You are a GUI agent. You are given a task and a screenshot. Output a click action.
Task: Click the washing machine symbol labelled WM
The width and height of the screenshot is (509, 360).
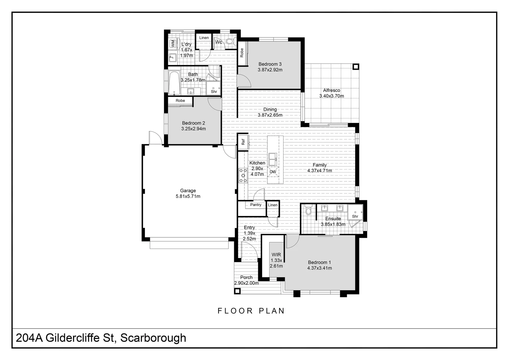pyautogui.click(x=173, y=44)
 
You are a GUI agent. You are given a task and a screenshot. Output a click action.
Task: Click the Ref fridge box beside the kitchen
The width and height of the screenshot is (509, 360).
pyautogui.click(x=243, y=142)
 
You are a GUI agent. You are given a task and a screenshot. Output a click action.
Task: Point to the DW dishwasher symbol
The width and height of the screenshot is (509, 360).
pyautogui.click(x=273, y=172)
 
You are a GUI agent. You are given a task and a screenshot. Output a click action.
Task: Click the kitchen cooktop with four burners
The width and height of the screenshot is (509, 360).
pyautogui.click(x=243, y=175)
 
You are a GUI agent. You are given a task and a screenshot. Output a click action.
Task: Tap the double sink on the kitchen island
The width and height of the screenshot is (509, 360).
pyautogui.click(x=272, y=159)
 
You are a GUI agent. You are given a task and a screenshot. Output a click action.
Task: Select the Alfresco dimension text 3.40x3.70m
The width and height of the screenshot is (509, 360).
pyautogui.click(x=331, y=96)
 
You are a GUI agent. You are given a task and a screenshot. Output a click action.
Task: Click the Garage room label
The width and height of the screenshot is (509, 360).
pyautogui.click(x=188, y=191)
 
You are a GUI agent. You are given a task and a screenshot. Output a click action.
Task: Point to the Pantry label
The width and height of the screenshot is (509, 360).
pyautogui.click(x=256, y=205)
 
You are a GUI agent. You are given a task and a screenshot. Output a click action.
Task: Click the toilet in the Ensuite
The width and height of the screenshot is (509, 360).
pyautogui.click(x=308, y=210)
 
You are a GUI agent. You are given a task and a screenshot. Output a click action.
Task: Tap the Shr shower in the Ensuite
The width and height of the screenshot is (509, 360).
pyautogui.click(x=355, y=212)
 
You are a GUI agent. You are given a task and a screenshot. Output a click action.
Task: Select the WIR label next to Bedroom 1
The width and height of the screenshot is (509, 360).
pyautogui.click(x=276, y=255)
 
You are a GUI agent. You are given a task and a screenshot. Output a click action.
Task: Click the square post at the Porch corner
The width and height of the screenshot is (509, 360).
pyautogui.click(x=237, y=291)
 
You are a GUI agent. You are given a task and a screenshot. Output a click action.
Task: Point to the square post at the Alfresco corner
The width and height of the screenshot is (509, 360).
pyautogui.click(x=356, y=67)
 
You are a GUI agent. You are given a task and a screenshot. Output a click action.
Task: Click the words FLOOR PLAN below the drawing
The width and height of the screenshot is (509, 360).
pyautogui.click(x=251, y=311)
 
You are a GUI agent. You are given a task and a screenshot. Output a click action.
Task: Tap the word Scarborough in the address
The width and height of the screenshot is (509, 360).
pyautogui.click(x=153, y=338)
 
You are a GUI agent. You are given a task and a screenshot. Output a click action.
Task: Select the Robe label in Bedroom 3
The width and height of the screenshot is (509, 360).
pyautogui.click(x=242, y=53)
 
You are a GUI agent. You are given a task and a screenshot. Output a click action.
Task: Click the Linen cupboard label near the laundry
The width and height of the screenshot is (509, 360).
pyautogui.click(x=204, y=38)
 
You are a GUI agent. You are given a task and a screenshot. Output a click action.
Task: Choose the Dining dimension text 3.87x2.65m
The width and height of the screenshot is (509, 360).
pyautogui.click(x=270, y=115)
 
